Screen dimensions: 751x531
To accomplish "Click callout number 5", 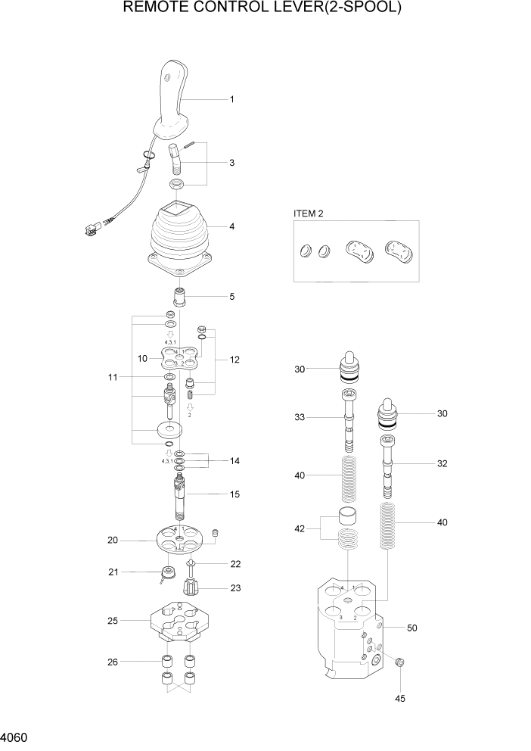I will [231, 296].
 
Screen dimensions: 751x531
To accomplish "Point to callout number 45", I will [400, 698].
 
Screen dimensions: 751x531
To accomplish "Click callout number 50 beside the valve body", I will [412, 628].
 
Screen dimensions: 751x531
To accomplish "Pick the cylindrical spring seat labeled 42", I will [347, 520].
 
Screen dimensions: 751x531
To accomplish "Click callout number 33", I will [300, 417].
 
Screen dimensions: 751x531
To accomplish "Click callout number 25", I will [112, 621].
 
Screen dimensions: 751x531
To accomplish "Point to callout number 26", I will [112, 661].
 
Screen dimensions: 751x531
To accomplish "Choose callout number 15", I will [234, 494].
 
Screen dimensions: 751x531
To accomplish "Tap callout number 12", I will [234, 360].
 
